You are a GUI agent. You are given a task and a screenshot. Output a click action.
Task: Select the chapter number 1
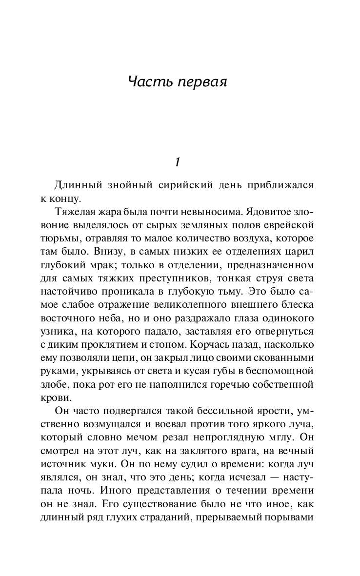179,161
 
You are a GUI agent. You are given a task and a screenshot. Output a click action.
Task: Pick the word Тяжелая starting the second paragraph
75,215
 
